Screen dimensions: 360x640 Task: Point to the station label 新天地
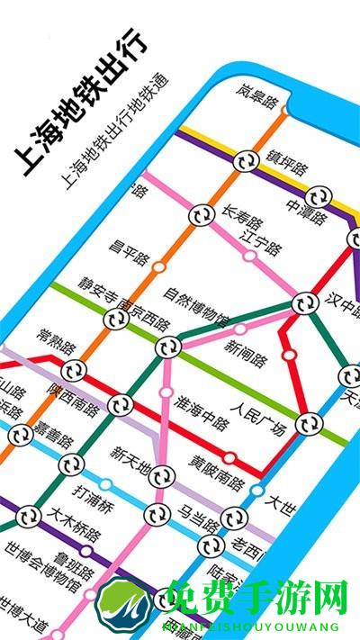[x=130, y=459]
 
